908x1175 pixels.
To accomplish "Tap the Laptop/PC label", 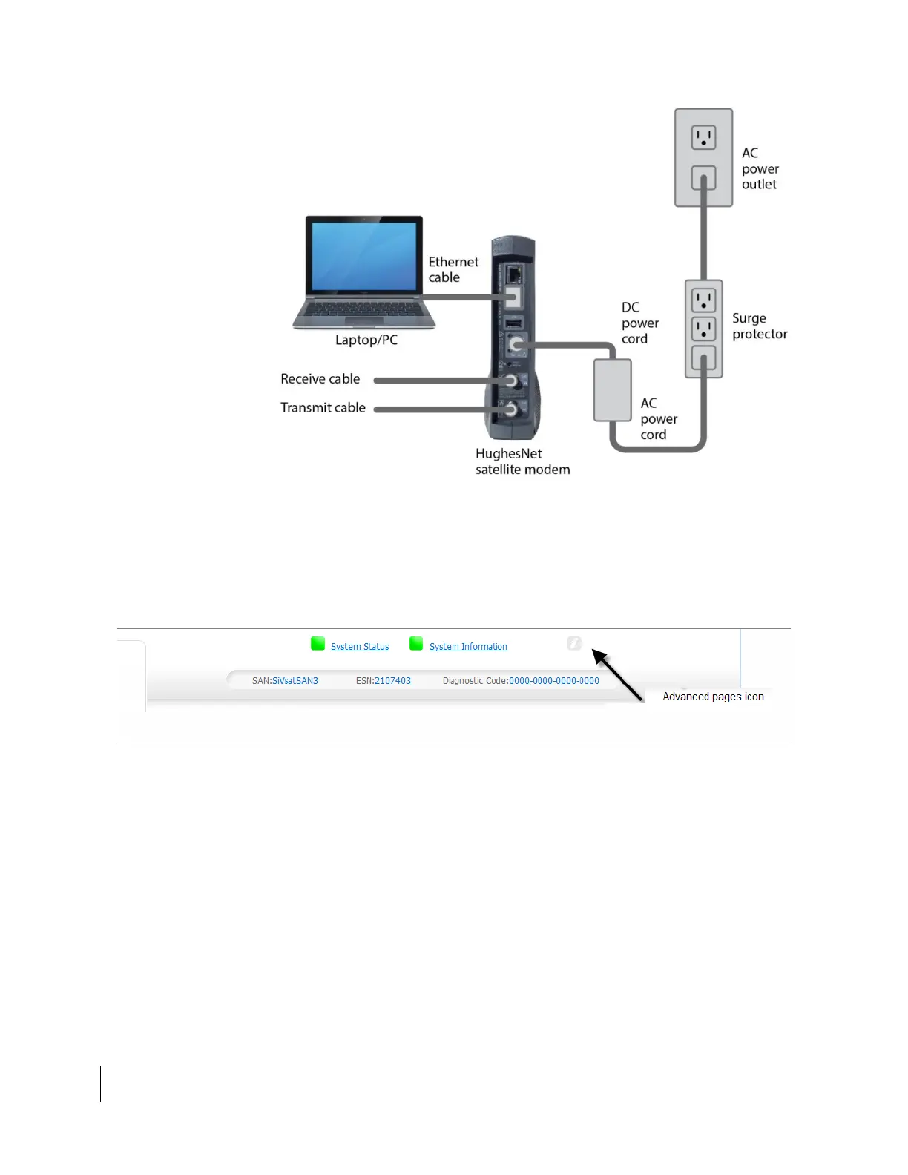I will coord(366,340).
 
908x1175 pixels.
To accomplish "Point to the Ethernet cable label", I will coord(453,269).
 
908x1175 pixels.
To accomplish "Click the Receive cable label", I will coord(320,379).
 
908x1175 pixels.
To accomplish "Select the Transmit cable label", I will coord(323,407).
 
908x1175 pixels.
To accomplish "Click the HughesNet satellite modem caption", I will coord(522,461).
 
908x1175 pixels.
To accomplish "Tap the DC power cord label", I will coord(639,323).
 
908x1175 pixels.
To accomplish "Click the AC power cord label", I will coord(659,418).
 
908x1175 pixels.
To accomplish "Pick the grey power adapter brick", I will coord(612,389).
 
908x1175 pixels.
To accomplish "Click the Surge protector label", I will coord(760,326).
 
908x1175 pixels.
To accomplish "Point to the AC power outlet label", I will coord(760,168).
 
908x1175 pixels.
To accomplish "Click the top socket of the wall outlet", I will coord(703,137).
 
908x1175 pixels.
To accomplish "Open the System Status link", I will coord(360,647).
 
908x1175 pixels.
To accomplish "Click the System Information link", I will coord(468,647).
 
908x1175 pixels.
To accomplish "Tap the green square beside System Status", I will coord(318,644).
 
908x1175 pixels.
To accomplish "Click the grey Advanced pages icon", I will coord(574,644).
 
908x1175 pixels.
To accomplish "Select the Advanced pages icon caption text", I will coord(713,697).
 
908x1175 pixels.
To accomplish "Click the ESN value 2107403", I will coord(392,681).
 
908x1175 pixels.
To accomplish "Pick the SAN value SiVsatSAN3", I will coord(295,681).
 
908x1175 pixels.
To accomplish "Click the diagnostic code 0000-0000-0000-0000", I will coord(554,681).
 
